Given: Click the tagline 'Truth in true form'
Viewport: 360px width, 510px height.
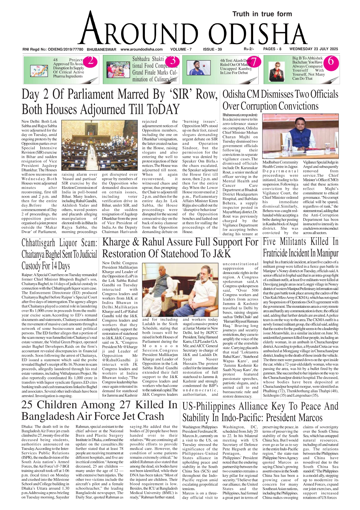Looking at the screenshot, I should coord(262,14).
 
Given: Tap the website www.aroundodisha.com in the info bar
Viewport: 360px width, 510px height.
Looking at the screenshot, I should coord(141,49).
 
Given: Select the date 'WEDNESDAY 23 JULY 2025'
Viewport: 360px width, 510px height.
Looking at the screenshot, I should coord(314,49).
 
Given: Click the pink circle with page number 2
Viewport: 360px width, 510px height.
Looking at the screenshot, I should coord(91,61).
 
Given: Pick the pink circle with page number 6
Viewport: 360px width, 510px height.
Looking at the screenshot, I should coord(330,61).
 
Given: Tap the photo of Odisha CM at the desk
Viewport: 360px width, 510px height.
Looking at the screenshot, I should coord(300,136).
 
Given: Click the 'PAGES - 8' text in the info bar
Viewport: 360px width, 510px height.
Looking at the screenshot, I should coord(272,49).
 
